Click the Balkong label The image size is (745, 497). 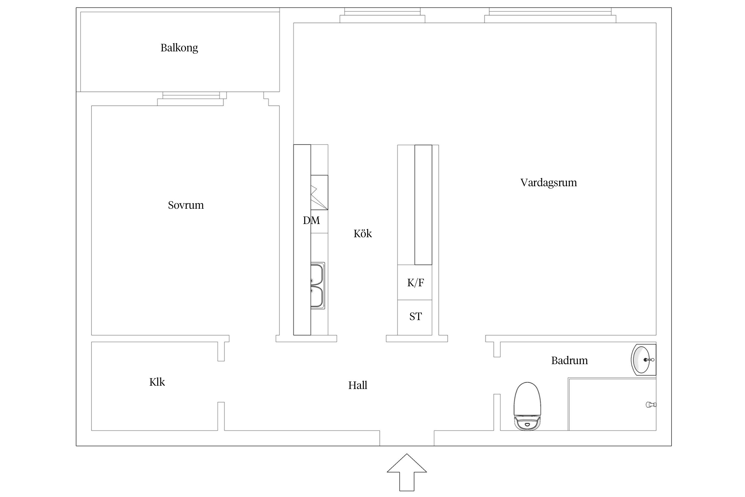coord(179,48)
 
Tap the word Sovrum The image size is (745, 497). coord(186,205)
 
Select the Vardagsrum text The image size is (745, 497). coord(548,183)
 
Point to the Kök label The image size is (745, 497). coord(363,234)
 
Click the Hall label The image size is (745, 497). coord(358,385)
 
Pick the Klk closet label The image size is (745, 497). coord(157,382)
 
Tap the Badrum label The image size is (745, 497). coord(569,360)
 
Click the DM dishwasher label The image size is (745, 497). coord(311,220)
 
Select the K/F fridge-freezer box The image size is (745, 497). coord(415,282)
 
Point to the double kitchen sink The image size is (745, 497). coord(317,286)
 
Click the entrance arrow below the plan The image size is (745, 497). coord(407,472)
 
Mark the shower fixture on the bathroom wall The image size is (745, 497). coord(651,405)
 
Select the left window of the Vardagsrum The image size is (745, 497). coord(382,15)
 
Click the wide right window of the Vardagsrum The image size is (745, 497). coord(550,15)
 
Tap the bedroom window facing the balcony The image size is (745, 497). coord(191,99)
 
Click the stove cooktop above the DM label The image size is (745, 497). coord(319,192)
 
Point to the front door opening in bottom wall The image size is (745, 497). coord(407,438)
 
